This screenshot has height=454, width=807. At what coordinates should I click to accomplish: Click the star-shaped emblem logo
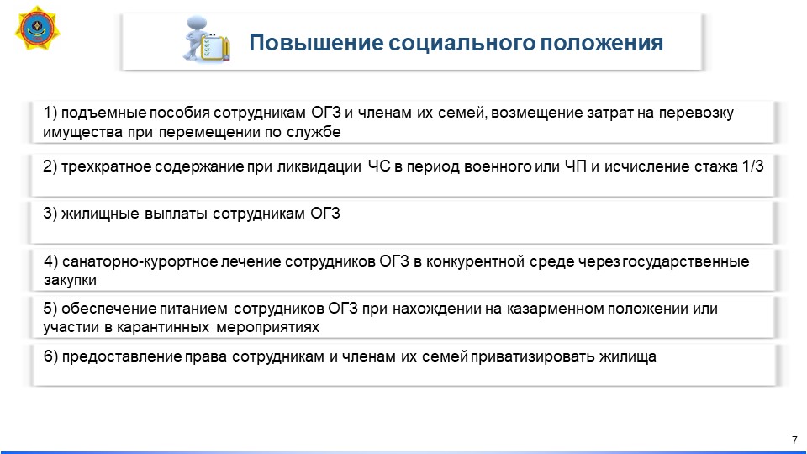[x=37, y=29]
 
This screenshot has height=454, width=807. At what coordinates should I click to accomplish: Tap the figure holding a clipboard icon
[x=207, y=40]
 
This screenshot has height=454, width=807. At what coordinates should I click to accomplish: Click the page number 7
[x=794, y=440]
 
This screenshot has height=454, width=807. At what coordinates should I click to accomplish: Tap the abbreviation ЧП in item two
[x=575, y=166]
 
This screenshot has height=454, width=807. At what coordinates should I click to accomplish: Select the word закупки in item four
[x=70, y=281]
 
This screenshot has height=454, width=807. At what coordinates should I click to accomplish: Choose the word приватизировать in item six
[x=533, y=356]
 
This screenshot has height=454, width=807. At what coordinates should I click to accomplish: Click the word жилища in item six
[x=628, y=356]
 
